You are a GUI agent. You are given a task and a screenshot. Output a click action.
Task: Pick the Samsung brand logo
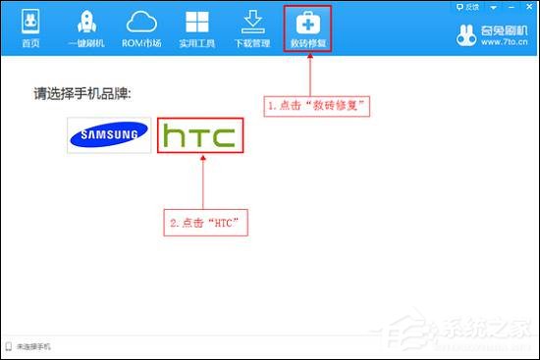click(109, 135)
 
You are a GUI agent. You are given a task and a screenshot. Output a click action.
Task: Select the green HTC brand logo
click(199, 135)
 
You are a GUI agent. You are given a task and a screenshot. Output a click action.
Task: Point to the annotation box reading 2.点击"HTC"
click(204, 224)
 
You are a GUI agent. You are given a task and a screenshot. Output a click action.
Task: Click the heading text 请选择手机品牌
click(82, 94)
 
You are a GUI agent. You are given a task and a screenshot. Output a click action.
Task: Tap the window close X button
click(529, 6)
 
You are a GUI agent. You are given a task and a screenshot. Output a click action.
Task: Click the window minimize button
click(513, 6)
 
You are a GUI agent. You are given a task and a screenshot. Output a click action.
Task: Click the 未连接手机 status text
click(33, 347)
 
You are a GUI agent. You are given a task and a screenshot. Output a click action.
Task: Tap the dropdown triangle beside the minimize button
click(496, 6)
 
